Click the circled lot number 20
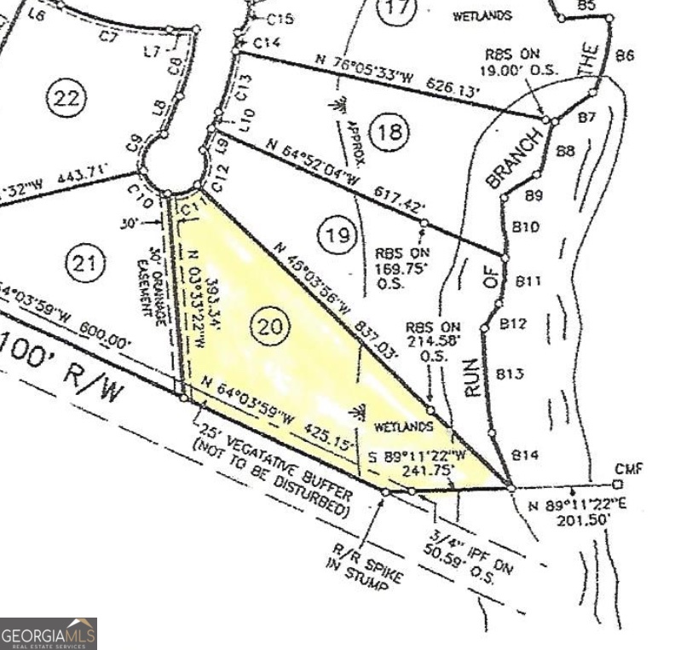(271, 324)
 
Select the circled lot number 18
(391, 131)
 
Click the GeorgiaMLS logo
(49, 634)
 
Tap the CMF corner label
(626, 469)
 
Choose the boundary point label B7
(586, 118)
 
